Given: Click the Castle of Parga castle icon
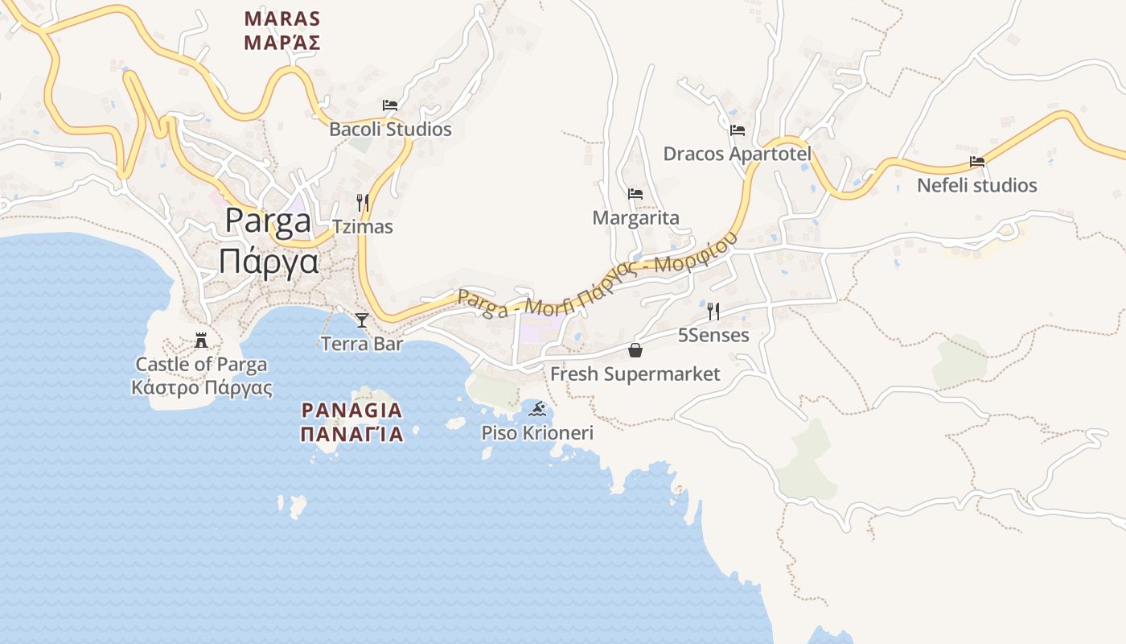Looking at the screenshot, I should coord(201,341).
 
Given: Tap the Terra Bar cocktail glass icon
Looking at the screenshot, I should coord(362,320).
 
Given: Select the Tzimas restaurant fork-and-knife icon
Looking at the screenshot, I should coord(363,203).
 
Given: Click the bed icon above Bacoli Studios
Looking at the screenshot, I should coord(390,105).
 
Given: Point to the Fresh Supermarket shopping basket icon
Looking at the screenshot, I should coord(635,350).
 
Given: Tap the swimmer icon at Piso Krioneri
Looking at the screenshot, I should coord(537,410).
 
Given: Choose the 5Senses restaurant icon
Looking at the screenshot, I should coord(713,312).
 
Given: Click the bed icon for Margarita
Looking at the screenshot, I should coord(635,194).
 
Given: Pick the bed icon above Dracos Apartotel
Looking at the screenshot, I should coord(738,130).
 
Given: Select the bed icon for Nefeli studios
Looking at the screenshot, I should coord(977,162).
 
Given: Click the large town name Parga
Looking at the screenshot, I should coord(268,222).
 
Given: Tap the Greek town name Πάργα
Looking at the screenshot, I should coord(269,262).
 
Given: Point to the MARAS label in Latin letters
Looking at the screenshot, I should coord(282,19).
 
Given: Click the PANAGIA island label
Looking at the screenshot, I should coord(351,410).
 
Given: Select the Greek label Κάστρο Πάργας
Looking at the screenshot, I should coord(202,388).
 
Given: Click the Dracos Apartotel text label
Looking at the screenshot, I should coord(737,154).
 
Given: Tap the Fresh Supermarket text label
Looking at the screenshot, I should coord(635,374).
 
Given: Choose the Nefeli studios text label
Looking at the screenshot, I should coord(977,185).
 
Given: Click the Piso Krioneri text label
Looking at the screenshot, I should coord(537,433).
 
